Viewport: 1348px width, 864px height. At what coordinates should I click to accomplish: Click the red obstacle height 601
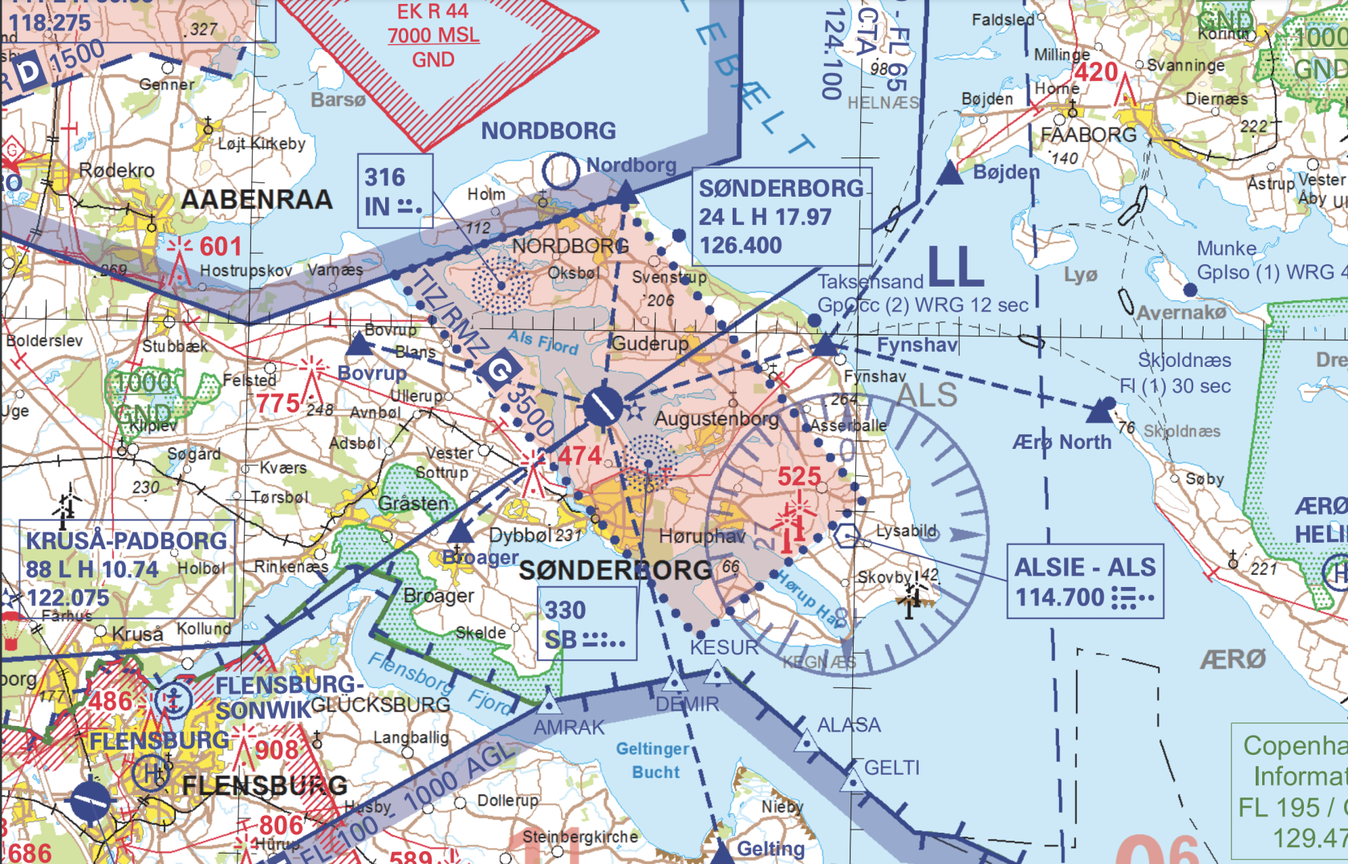pyautogui.click(x=220, y=247)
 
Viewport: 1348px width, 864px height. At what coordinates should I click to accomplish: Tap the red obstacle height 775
pyautogui.click(x=278, y=402)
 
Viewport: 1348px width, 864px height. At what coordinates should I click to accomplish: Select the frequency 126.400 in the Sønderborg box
pyautogui.click(x=741, y=246)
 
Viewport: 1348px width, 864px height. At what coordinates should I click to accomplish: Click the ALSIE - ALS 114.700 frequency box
pyautogui.click(x=1085, y=582)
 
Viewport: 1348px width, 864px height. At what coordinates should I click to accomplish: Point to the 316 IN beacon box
pyautogui.click(x=394, y=191)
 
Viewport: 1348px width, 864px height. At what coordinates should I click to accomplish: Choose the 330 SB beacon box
pyautogui.click(x=586, y=624)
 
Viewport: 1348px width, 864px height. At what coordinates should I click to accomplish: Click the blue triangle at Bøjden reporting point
pyautogui.click(x=950, y=173)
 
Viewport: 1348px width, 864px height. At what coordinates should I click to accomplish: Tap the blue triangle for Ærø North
pyautogui.click(x=1100, y=412)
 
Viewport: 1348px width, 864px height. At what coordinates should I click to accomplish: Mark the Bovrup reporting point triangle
pyautogui.click(x=359, y=345)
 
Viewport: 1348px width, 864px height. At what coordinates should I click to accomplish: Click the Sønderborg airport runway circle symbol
pyautogui.click(x=603, y=407)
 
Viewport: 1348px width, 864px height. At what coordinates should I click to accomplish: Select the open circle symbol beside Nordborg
pyautogui.click(x=560, y=170)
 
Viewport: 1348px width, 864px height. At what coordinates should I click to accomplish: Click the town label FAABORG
pyautogui.click(x=1088, y=135)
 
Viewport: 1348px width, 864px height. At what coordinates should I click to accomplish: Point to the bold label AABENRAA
pyautogui.click(x=257, y=199)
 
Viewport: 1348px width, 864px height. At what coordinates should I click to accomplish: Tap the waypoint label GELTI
pyautogui.click(x=891, y=768)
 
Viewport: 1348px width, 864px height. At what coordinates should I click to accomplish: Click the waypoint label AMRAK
pyautogui.click(x=569, y=727)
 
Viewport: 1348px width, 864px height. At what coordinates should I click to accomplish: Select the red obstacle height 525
pyautogui.click(x=799, y=476)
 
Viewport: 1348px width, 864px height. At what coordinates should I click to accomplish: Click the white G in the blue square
pyautogui.click(x=500, y=369)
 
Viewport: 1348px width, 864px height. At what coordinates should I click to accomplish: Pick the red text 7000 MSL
pyautogui.click(x=433, y=35)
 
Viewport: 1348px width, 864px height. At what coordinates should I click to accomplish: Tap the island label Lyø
pyautogui.click(x=1080, y=275)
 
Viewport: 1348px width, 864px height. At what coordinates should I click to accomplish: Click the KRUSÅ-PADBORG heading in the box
pyautogui.click(x=127, y=541)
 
